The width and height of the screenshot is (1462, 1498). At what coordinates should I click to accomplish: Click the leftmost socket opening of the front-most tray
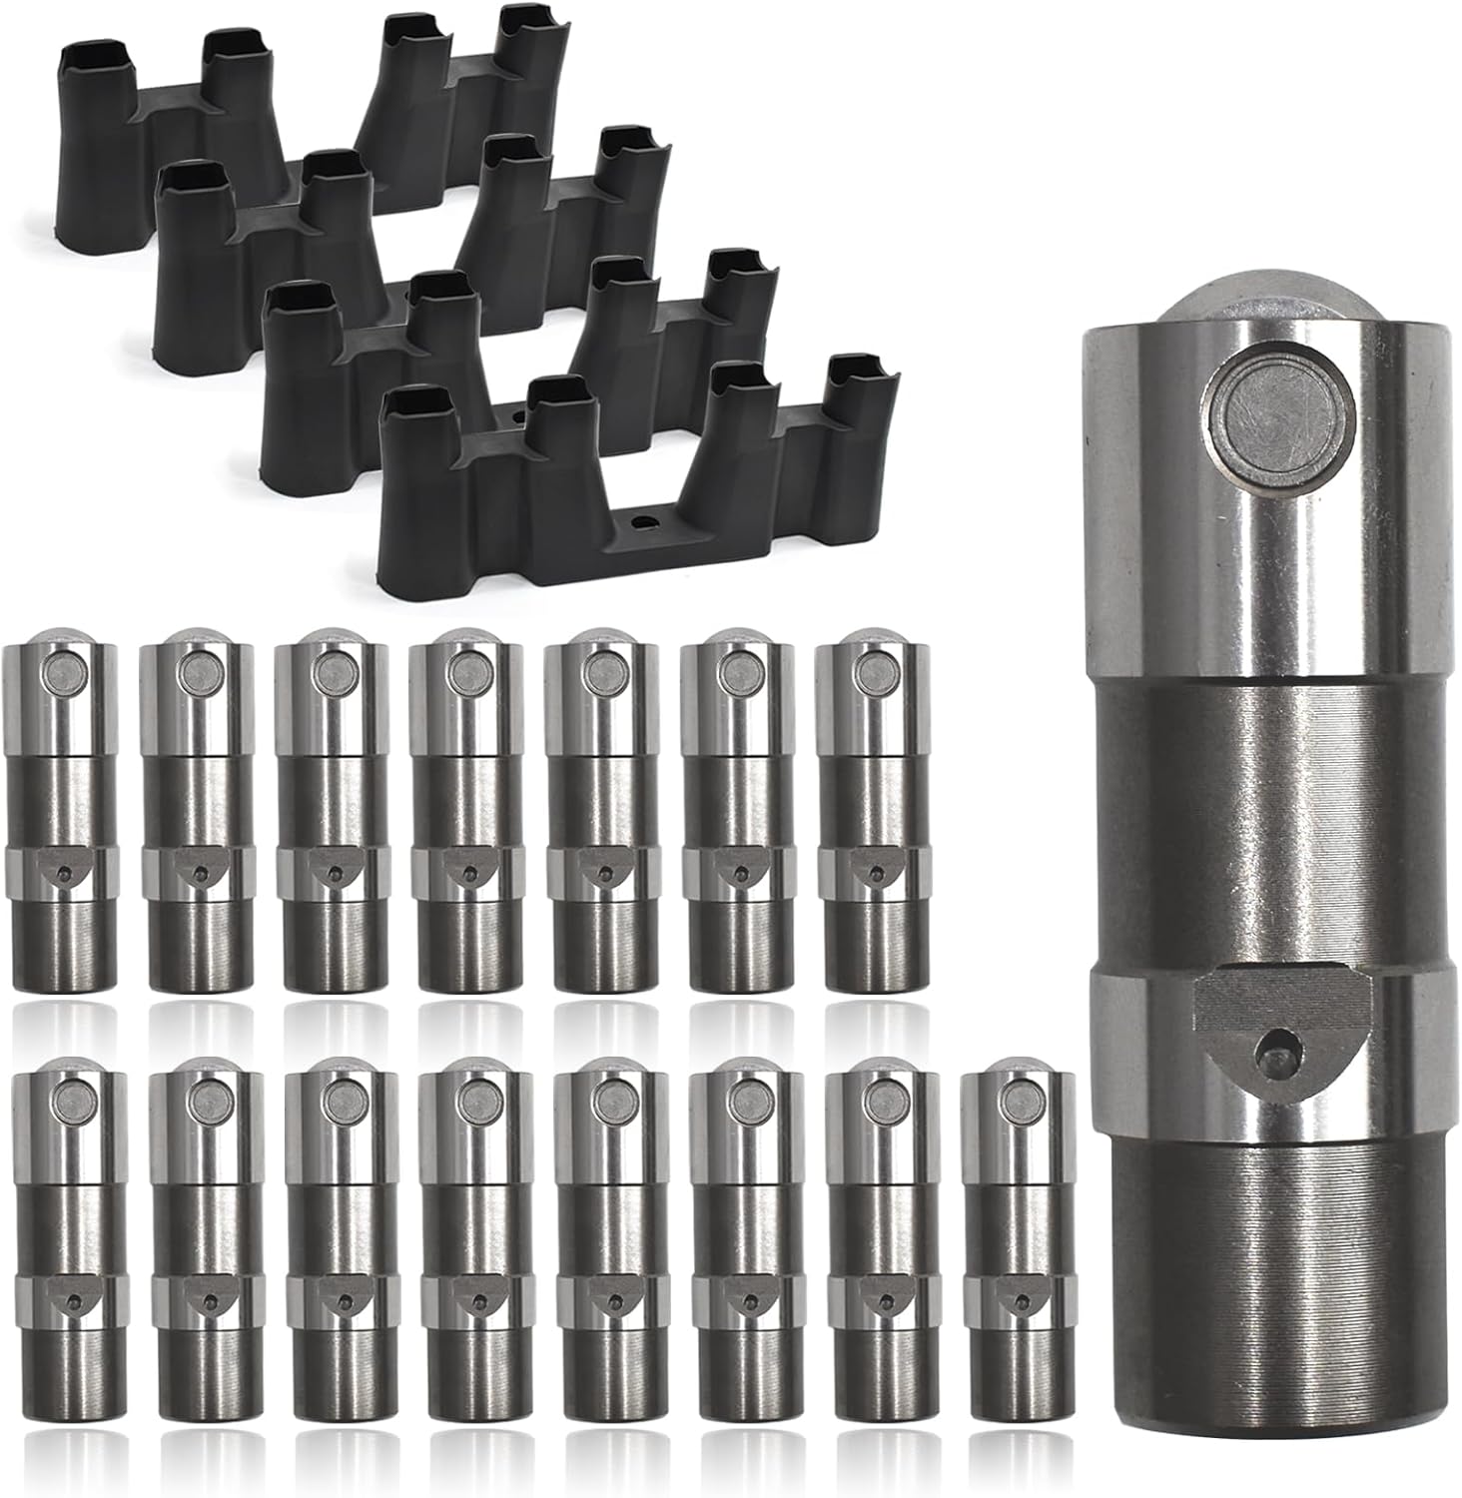pos(412,404)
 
